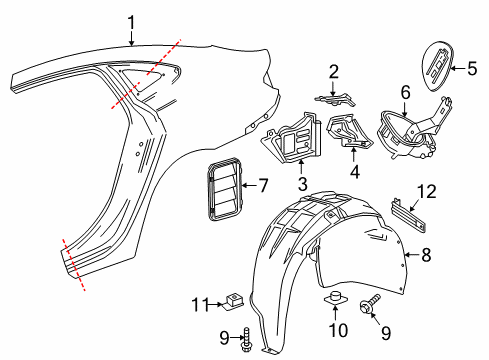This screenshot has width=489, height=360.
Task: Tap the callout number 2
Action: pyautogui.click(x=333, y=71)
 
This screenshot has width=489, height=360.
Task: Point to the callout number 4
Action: pyautogui.click(x=353, y=171)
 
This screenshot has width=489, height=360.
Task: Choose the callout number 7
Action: pyautogui.click(x=263, y=185)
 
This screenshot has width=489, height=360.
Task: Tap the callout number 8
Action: pyautogui.click(x=426, y=255)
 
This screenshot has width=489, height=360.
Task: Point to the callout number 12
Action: pyautogui.click(x=427, y=190)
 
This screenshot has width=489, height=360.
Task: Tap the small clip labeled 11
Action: pyautogui.click(x=235, y=299)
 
